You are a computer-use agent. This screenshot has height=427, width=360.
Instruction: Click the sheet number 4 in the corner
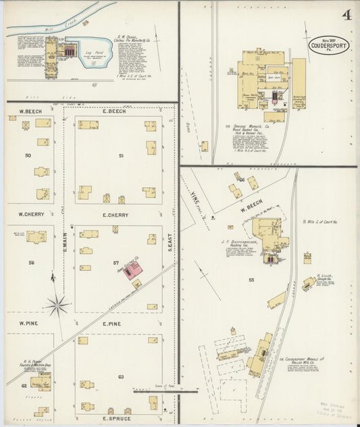pyautogui.click(x=346, y=14)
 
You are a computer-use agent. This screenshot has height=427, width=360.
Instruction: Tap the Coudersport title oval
pyautogui.click(x=330, y=45)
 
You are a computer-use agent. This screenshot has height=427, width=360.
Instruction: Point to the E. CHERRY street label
pyautogui.click(x=115, y=215)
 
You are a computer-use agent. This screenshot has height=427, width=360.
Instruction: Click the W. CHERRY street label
pyautogui.click(x=30, y=215)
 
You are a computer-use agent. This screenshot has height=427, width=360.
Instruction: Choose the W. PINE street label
pyautogui.click(x=29, y=324)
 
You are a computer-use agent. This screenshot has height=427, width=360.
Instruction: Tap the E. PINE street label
pyautogui.click(x=111, y=324)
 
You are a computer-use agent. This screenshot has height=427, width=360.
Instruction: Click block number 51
pyautogui.click(x=120, y=155)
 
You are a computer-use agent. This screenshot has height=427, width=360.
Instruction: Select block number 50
pyautogui.click(x=28, y=155)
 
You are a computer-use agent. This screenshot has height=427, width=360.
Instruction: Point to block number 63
pyautogui.click(x=121, y=376)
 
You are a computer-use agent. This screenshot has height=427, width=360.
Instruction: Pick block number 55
pyautogui.click(x=251, y=279)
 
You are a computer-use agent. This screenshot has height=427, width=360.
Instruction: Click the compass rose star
pyautogui.click(x=57, y=305)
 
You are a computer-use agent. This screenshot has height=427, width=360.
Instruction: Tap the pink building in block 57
pyautogui.click(x=133, y=270)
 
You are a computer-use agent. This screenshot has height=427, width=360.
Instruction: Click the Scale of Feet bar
pyautogui.click(x=165, y=390)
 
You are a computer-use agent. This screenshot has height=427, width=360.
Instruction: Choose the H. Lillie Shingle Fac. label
pyautogui.click(x=326, y=278)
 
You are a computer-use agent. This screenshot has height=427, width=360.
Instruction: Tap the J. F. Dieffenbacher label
pyautogui.click(x=240, y=241)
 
